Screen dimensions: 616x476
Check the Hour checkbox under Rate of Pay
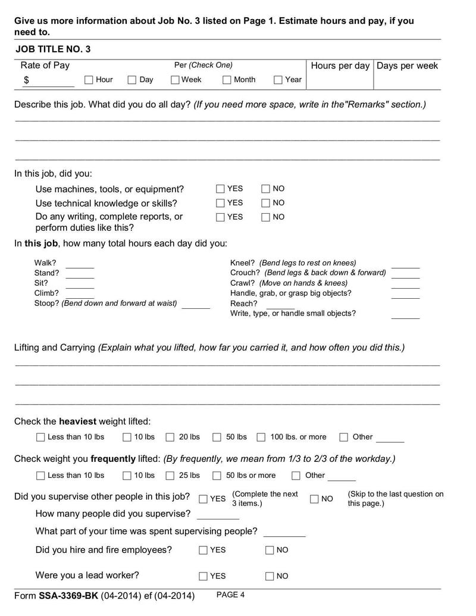click(89, 80)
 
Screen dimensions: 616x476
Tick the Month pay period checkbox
click(227, 80)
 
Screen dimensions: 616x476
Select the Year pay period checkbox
click(278, 80)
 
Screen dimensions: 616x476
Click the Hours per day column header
click(340, 65)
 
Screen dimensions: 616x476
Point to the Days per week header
click(407, 65)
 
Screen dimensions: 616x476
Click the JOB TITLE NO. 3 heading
click(53, 49)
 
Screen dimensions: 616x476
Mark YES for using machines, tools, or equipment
click(220, 189)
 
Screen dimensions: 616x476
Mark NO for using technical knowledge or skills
click(265, 203)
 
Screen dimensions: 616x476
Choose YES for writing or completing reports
click(220, 217)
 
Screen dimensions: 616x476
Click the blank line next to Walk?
click(80, 264)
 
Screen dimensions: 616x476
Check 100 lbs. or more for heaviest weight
click(261, 437)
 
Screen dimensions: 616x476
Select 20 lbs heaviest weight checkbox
click(170, 437)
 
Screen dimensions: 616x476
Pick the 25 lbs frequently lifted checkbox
click(170, 476)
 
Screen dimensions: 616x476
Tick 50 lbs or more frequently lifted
click(217, 476)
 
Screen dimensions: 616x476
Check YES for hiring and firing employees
click(203, 551)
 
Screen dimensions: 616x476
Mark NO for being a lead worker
click(270, 576)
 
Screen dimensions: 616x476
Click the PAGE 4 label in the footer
click(230, 595)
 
